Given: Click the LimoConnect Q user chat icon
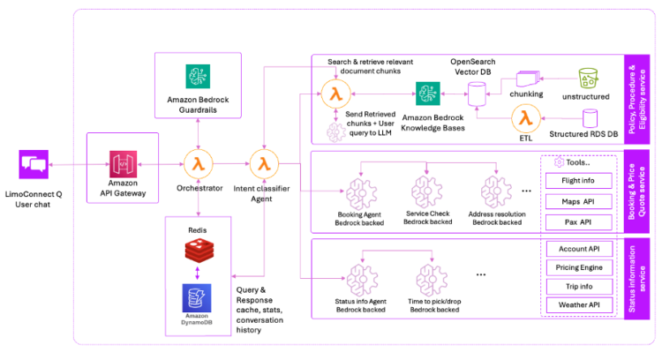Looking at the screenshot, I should [x=34, y=164].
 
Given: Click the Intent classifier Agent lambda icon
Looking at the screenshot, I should [x=263, y=163].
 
